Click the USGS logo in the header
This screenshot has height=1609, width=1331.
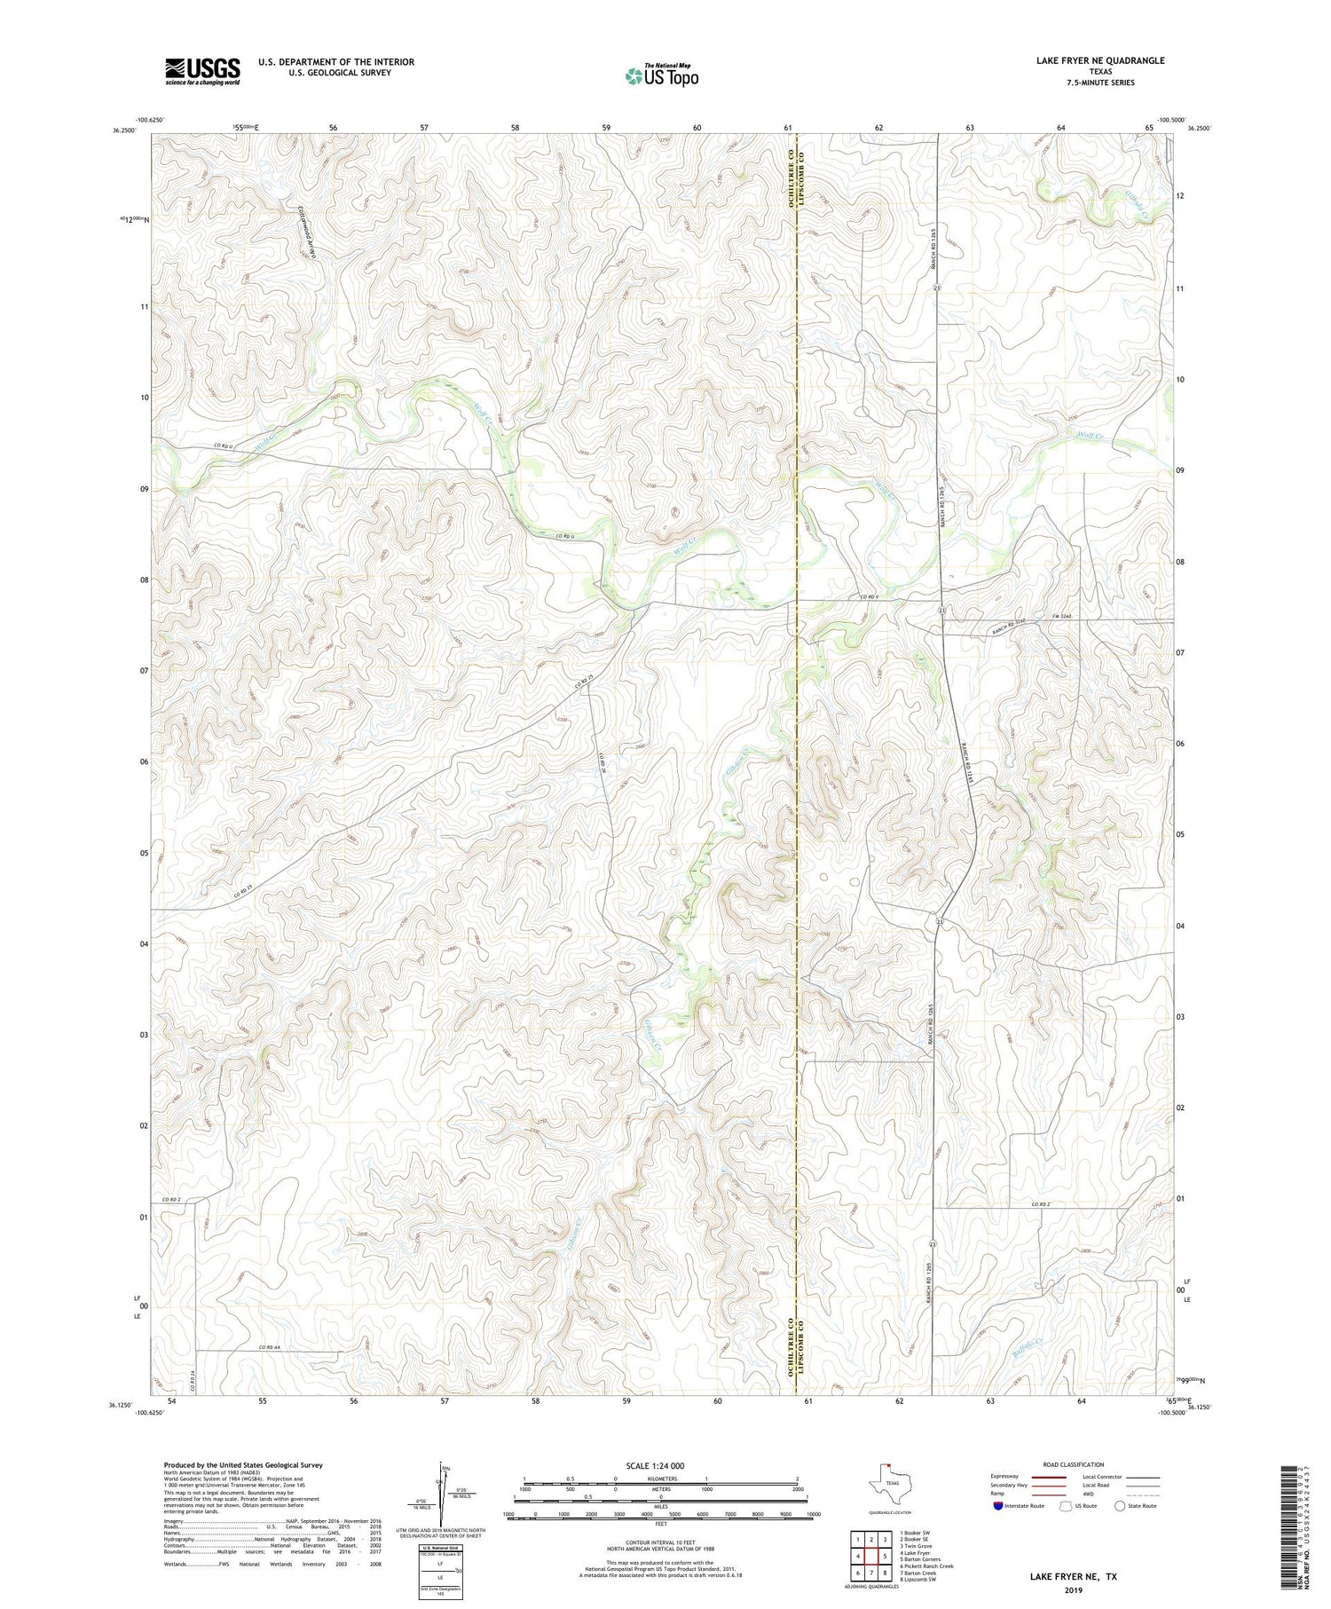click(x=202, y=71)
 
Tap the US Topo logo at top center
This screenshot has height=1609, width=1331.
click(x=661, y=76)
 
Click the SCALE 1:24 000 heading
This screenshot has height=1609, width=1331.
click(x=655, y=1465)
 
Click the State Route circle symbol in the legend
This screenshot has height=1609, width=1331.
click(x=1120, y=1506)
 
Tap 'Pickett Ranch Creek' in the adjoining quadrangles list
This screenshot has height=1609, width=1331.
click(x=929, y=1566)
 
